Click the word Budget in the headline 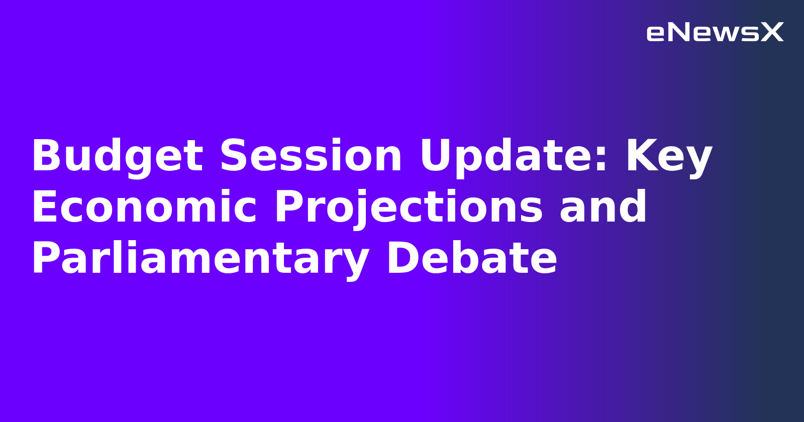(x=117, y=157)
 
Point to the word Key (x=668, y=157)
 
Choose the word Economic (x=144, y=207)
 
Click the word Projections (x=409, y=208)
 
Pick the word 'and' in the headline (x=604, y=207)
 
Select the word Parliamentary (x=200, y=259)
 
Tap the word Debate (x=471, y=258)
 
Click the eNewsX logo (x=715, y=33)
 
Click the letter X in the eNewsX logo (x=772, y=33)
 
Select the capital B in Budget (x=45, y=156)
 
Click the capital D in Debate (x=401, y=258)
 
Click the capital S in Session (x=234, y=156)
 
